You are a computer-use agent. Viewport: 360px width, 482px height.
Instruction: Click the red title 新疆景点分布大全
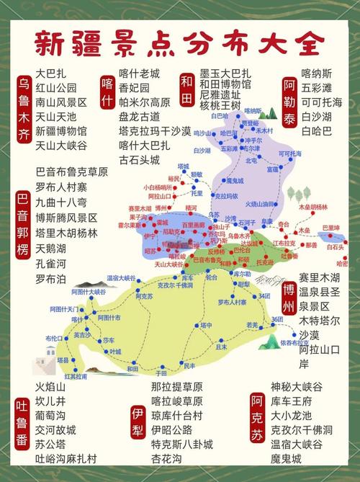[176, 43]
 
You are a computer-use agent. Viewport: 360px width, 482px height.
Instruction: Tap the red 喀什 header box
[108, 90]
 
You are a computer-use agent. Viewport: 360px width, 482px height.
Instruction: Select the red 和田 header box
[187, 90]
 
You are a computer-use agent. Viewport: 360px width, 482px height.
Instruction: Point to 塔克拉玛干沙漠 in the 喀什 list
[155, 131]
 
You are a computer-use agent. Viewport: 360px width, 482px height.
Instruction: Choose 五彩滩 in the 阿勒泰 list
[317, 88]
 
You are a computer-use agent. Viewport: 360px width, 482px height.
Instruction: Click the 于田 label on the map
[162, 373]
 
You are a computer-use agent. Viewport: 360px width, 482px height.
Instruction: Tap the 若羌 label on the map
[252, 326]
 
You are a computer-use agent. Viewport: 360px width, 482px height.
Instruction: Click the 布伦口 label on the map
[53, 337]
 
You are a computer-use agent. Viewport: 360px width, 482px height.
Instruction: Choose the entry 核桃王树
[220, 105]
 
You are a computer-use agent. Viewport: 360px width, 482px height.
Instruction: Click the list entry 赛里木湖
[320, 278]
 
